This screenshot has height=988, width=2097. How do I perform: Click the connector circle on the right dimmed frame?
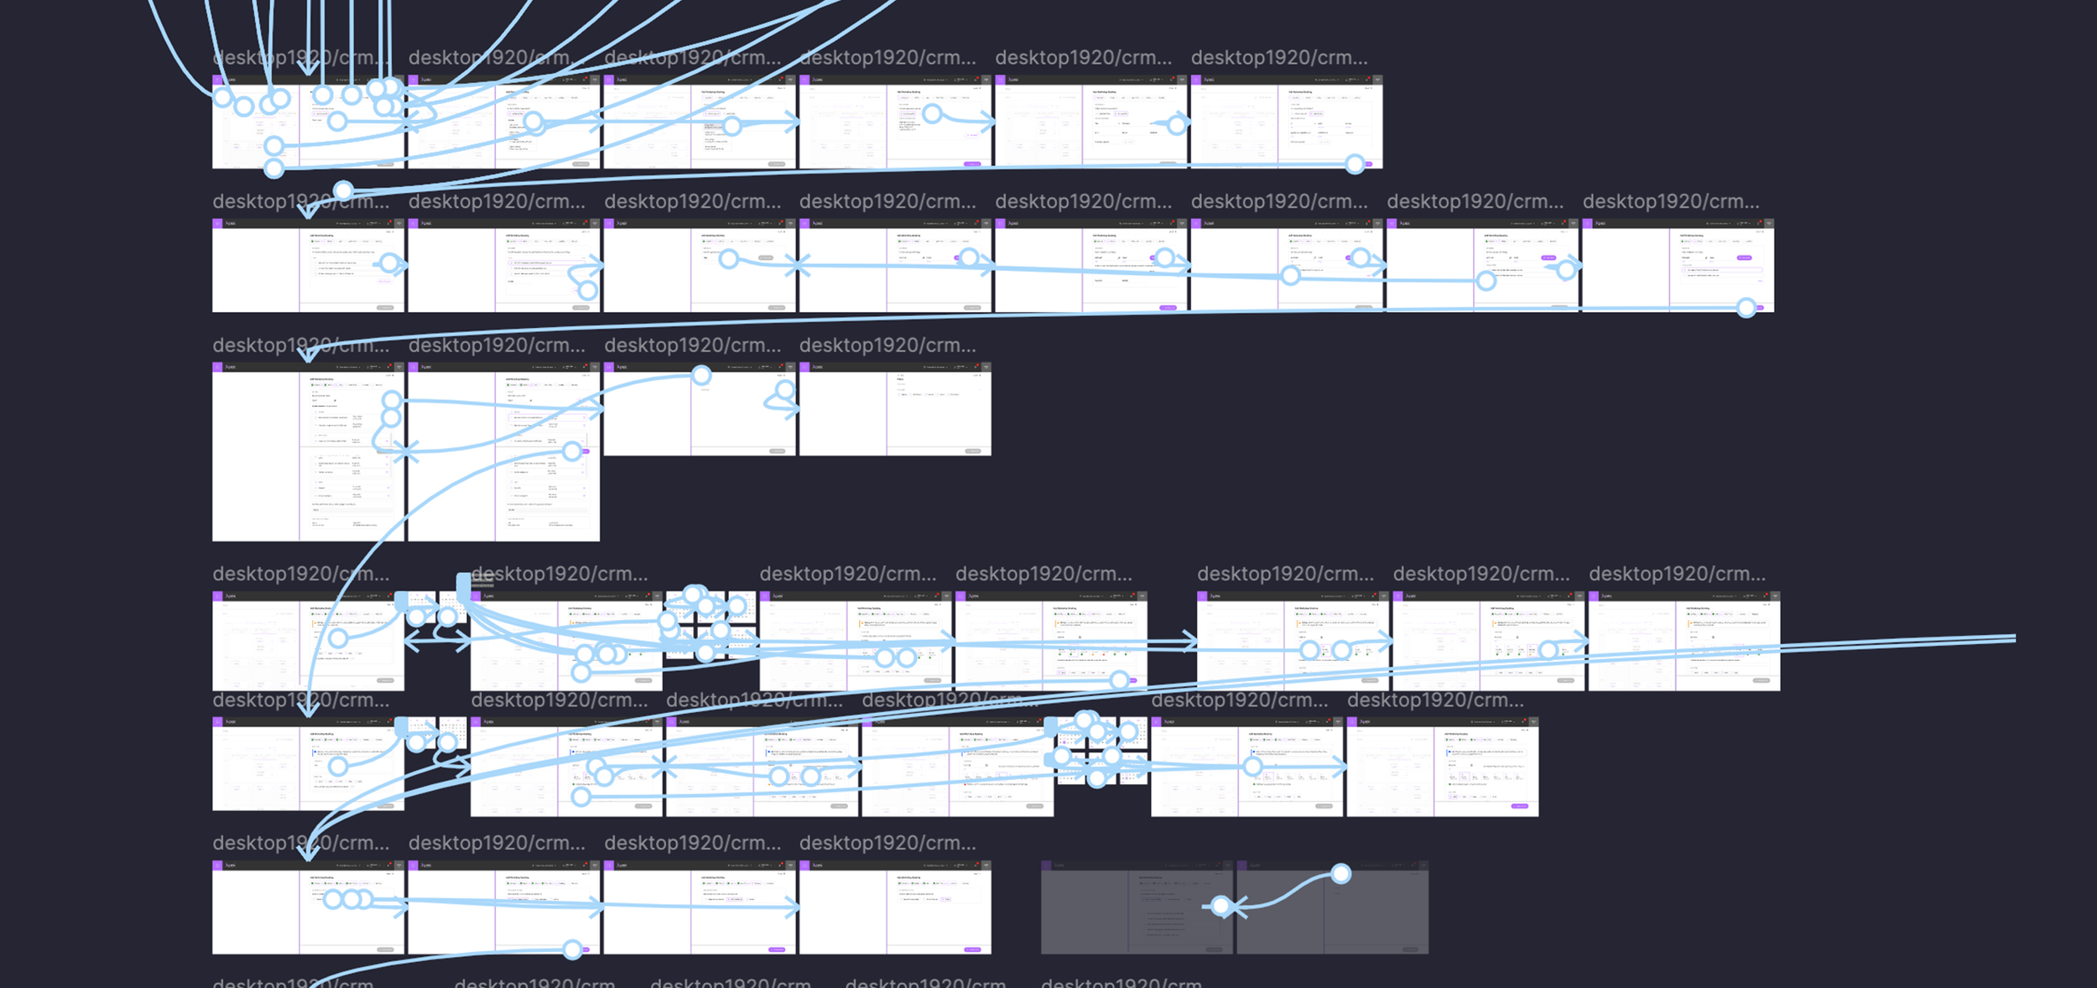coord(1340,874)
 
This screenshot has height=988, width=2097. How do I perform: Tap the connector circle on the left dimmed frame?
coord(1221,906)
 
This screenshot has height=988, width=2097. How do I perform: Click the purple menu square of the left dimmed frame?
coord(1046,865)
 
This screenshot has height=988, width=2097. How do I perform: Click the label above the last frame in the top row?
coord(1278,58)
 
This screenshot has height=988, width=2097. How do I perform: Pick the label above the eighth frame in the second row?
coord(1670,202)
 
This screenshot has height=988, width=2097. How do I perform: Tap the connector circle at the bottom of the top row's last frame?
coord(1355,164)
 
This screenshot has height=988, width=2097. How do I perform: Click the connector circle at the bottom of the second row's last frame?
coord(1746,308)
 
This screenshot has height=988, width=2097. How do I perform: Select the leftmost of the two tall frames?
coord(308,453)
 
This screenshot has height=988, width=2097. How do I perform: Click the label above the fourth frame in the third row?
coord(887,346)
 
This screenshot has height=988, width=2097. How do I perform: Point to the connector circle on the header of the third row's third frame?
coord(701,375)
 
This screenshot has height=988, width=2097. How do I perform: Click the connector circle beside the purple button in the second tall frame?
coord(572,451)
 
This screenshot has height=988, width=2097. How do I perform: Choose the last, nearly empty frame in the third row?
coord(895,411)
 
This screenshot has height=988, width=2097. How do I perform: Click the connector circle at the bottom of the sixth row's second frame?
coord(572,949)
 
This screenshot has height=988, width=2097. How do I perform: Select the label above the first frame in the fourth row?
coord(300,575)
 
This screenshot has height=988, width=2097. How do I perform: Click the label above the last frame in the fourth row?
coord(1676,575)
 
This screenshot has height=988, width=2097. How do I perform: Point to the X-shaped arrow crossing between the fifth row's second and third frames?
coord(664,766)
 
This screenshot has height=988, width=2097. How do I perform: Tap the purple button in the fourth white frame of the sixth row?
coord(972,949)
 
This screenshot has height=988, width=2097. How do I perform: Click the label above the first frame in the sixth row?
coord(300,844)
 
